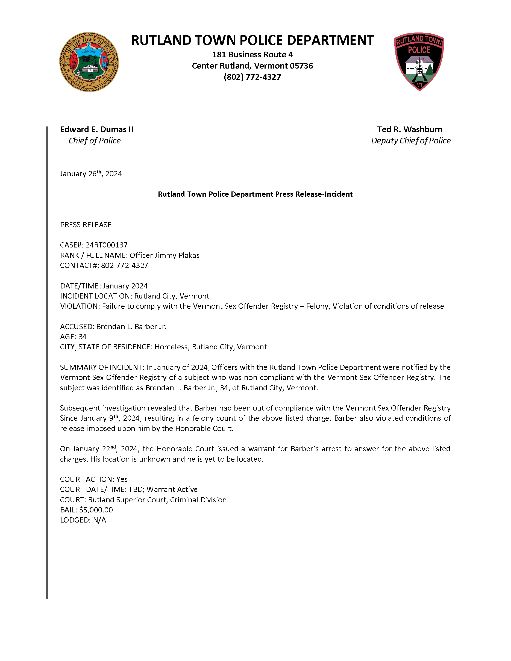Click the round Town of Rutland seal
pos(89,62)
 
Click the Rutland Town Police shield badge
pos(419,62)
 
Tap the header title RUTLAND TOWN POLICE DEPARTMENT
pos(252,40)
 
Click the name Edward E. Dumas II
pos(96,129)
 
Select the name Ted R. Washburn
pos(410,129)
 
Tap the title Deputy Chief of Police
pos(410,141)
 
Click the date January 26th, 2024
pos(91,174)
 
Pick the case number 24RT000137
pos(107,245)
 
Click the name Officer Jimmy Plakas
pos(165,255)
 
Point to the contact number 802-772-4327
pos(124,265)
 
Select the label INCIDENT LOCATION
pos(95,296)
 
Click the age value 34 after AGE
pos(82,337)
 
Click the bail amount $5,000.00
pos(96,510)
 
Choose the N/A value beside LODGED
pos(99,520)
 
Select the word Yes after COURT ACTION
pos(122,479)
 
